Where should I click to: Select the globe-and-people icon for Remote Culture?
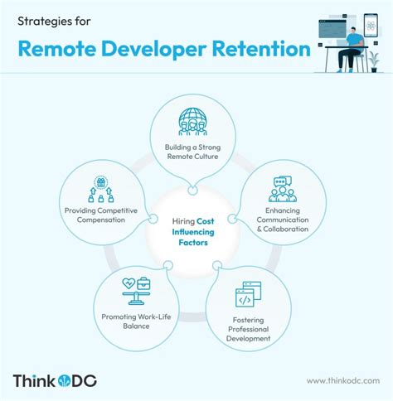pyautogui.click(x=191, y=121)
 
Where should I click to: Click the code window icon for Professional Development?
pyautogui.click(x=250, y=296)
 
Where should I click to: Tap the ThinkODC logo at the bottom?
pyautogui.click(x=56, y=380)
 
